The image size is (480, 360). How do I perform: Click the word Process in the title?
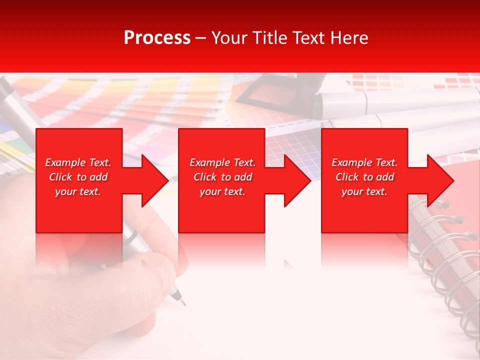point(157,38)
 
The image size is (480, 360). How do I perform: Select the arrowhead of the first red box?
point(154,180)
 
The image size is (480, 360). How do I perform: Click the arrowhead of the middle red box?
point(297,180)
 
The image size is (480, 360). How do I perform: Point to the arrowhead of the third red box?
point(440,180)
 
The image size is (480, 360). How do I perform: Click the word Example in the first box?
point(65,162)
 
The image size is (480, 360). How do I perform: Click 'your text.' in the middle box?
point(222,191)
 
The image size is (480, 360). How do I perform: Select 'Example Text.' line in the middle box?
point(222,162)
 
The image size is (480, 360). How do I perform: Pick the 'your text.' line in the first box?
point(77,191)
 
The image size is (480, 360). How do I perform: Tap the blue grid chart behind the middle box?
point(292,145)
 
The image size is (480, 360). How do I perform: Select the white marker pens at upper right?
point(400,110)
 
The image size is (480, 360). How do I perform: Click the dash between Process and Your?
point(200,38)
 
